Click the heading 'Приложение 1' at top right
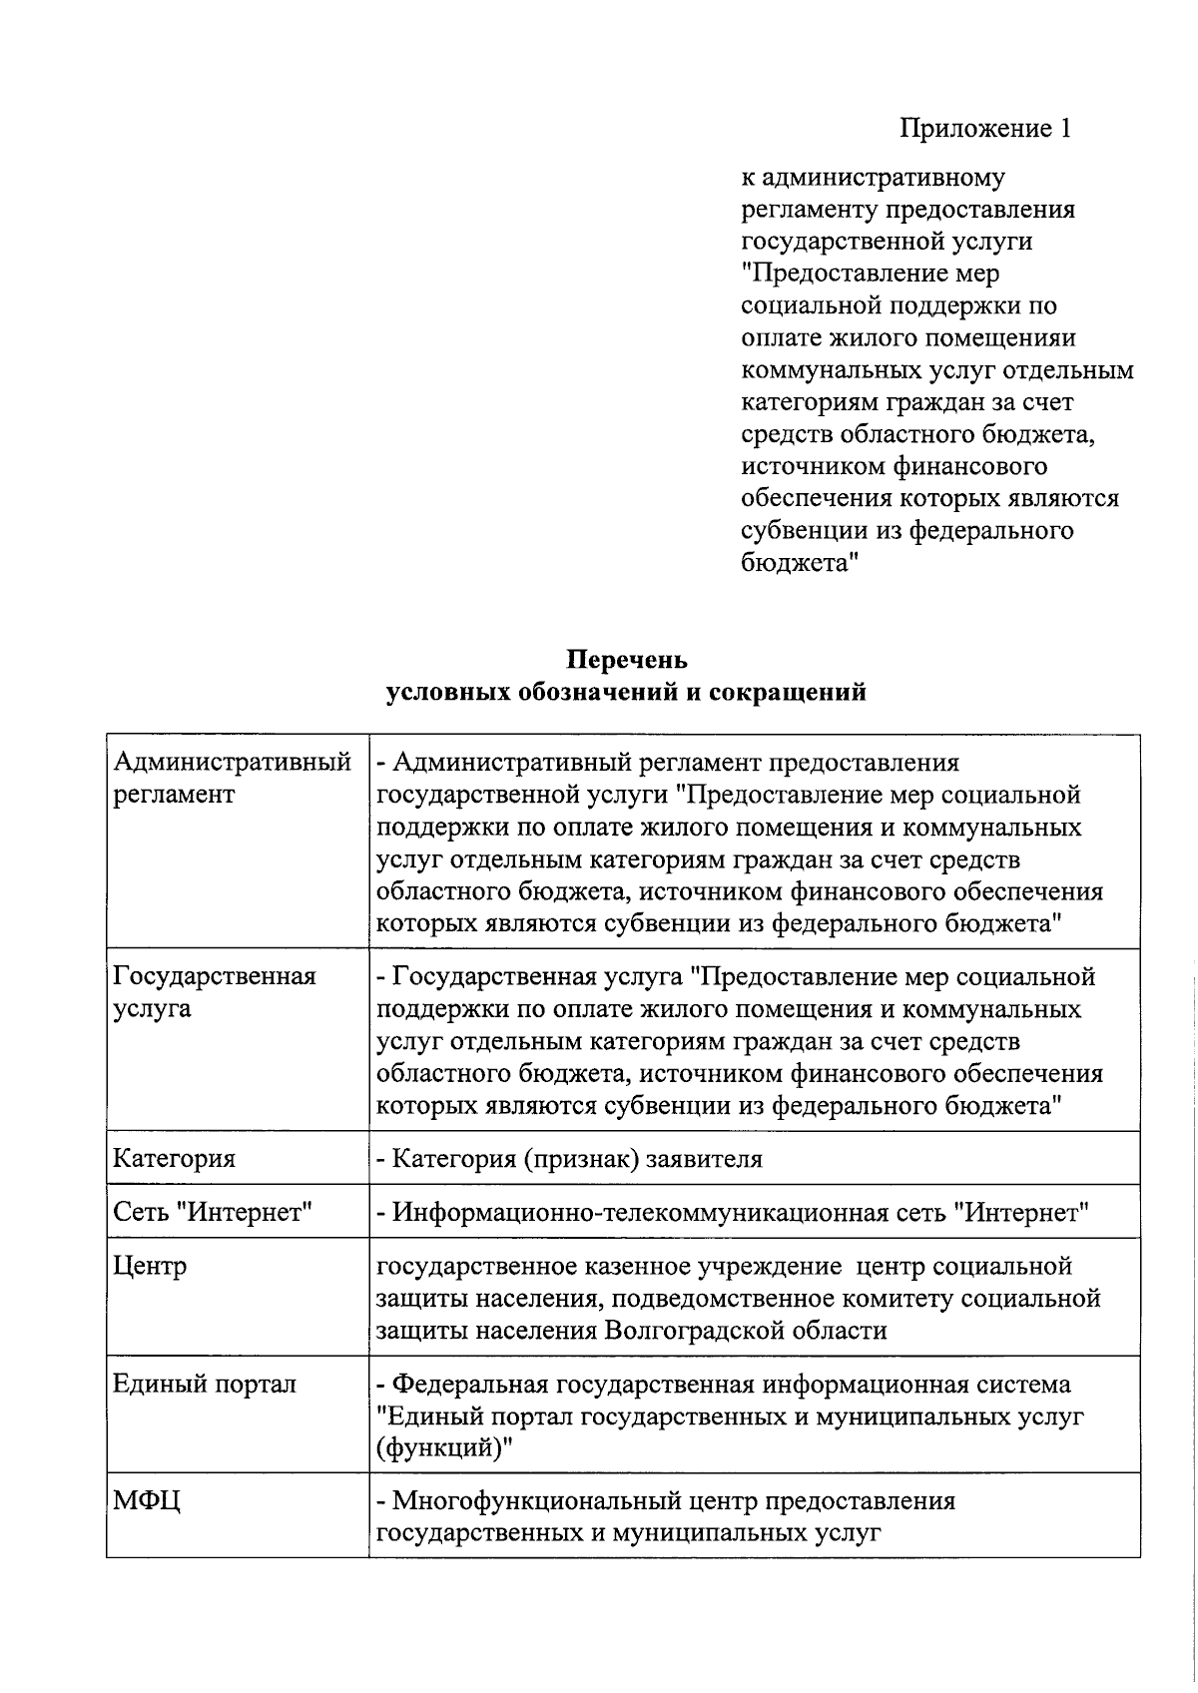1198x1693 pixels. pyautogui.click(x=984, y=129)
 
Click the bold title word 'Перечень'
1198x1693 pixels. pyautogui.click(x=627, y=660)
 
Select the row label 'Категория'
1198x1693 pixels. pyautogui.click(x=175, y=1159)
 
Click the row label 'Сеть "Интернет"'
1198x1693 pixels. pyautogui.click(x=214, y=1213)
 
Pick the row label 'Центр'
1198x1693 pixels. pyautogui.click(x=150, y=1267)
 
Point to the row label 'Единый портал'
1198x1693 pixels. pyautogui.click(x=205, y=1385)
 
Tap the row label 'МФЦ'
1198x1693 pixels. pyautogui.click(x=147, y=1501)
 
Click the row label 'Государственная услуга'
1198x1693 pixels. pyautogui.click(x=215, y=992)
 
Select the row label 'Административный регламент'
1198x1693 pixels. pyautogui.click(x=232, y=779)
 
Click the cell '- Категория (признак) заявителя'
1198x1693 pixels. pyautogui.click(x=569, y=1159)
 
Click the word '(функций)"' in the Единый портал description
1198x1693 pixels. pyautogui.click(x=443, y=1448)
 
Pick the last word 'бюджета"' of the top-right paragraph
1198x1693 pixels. pyautogui.click(x=801, y=563)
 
